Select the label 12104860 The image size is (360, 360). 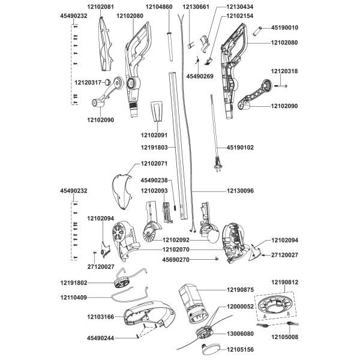pyautogui.click(x=159, y=7)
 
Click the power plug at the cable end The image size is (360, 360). pyautogui.click(x=212, y=162)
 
